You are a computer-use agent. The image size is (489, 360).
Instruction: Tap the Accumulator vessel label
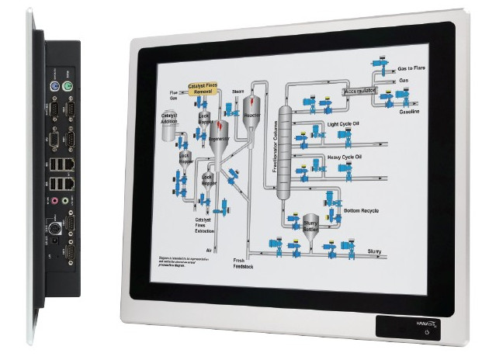359,92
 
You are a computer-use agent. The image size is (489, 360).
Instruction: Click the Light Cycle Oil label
344,123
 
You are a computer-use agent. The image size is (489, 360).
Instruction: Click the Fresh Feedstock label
244,262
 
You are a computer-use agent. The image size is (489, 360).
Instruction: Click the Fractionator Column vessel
284,151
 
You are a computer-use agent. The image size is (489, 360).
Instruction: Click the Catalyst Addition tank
168,130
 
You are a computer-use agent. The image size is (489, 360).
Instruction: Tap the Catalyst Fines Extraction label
203,226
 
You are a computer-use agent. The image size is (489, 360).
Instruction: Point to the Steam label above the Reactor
238,91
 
